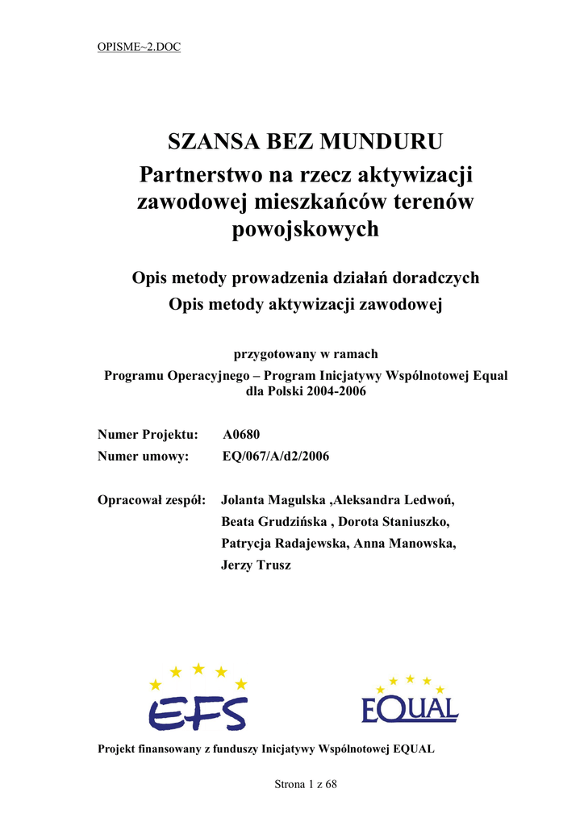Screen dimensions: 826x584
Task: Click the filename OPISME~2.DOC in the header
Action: (139, 47)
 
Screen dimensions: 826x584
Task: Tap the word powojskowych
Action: (305, 230)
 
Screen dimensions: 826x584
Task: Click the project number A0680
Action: (241, 435)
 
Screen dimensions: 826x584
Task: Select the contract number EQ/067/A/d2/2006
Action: (275, 457)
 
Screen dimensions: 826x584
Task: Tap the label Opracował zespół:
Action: (152, 500)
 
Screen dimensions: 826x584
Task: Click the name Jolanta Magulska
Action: (274, 500)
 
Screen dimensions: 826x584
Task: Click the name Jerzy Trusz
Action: (256, 565)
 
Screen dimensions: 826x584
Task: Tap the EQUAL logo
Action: (410, 699)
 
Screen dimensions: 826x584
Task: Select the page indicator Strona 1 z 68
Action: (306, 785)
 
